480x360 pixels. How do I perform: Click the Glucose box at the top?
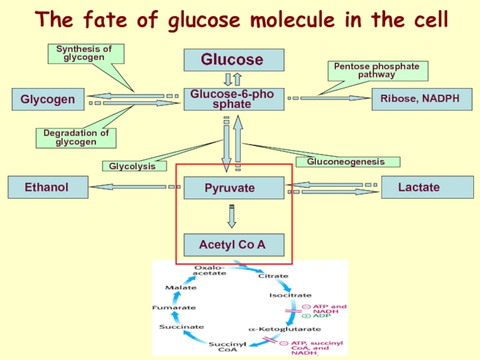tap(233, 60)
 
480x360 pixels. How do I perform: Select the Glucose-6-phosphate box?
tap(233, 99)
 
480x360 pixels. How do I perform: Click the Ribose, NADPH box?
tap(416, 99)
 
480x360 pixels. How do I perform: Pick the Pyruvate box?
tap(233, 188)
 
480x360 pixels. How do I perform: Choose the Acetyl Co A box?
tap(233, 245)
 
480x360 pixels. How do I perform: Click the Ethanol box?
tap(47, 187)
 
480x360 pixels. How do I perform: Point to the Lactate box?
tap(418, 187)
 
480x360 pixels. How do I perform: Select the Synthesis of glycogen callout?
tap(85, 53)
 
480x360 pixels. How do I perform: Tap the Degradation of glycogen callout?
tap(76, 138)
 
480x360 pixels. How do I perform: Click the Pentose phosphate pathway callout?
tap(377, 71)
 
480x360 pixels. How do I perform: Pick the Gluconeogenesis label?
tap(353, 161)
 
